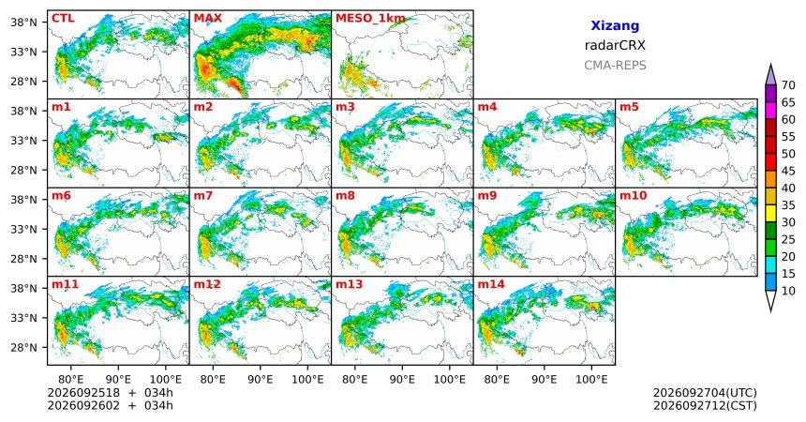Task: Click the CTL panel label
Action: point(63,19)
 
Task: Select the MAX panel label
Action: point(208,19)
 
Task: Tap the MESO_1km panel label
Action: point(370,19)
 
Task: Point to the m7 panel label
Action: point(204,196)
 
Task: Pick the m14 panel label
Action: point(491,284)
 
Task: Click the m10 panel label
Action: point(634,196)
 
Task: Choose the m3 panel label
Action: point(346,108)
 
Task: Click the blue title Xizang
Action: point(615,25)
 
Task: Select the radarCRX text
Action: point(615,45)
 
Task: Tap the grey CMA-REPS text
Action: point(615,66)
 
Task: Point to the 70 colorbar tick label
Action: point(788,85)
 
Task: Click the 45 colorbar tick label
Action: point(788,171)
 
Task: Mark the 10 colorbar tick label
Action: point(788,291)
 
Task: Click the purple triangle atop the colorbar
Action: point(770,75)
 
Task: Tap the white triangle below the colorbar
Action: point(770,300)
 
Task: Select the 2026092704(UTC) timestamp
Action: point(705,393)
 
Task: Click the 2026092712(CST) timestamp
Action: point(705,405)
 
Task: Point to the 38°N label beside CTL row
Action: point(23,22)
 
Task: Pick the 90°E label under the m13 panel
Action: point(402,380)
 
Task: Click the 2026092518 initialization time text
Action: point(83,393)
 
